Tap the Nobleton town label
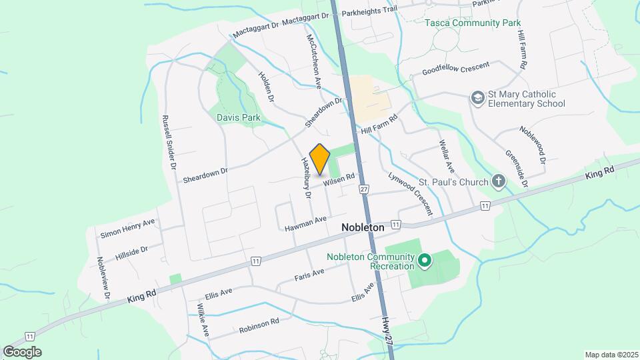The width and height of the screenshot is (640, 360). pyautogui.click(x=363, y=227)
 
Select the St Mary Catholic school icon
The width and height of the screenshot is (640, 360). pyautogui.click(x=477, y=99)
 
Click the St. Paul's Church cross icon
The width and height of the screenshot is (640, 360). pyautogui.click(x=498, y=181)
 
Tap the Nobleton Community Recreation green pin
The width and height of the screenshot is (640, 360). pyautogui.click(x=423, y=260)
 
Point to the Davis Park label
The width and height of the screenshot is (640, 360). pyautogui.click(x=238, y=118)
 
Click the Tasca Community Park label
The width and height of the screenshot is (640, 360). pyautogui.click(x=473, y=23)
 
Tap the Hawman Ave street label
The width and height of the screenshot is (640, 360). pyautogui.click(x=306, y=223)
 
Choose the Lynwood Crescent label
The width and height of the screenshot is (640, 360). pyautogui.click(x=410, y=194)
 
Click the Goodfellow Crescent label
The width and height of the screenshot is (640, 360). pyautogui.click(x=456, y=69)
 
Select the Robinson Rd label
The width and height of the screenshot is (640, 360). pyautogui.click(x=250, y=325)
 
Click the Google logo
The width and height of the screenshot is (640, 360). pyautogui.click(x=22, y=352)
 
